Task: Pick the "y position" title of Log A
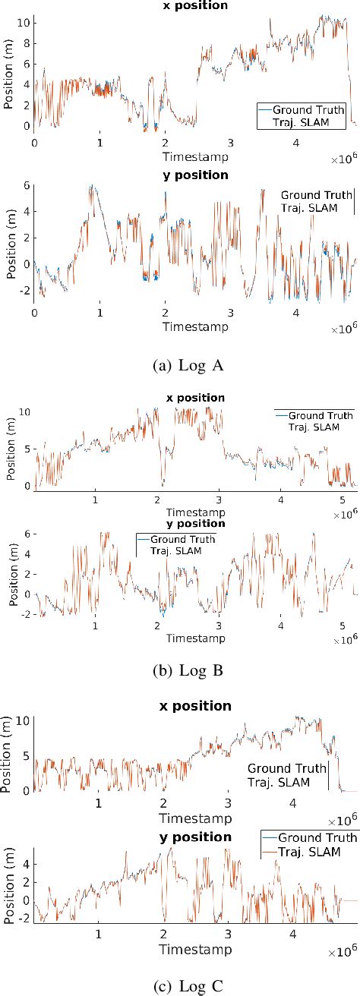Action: pos(197,175)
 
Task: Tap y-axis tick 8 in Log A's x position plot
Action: pos(27,43)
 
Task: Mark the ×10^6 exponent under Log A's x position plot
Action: pos(343,162)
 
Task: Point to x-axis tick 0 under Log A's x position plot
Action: pos(34,141)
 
